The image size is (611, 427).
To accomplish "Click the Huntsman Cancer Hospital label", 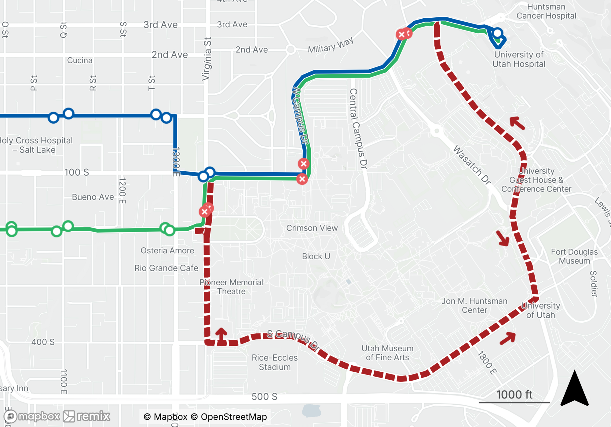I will (x=546, y=11).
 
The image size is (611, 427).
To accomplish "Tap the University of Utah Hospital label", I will (x=519, y=59).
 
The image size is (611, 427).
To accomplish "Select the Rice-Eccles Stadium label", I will (x=275, y=362).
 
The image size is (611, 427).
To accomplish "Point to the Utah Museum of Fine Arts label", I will (x=387, y=353).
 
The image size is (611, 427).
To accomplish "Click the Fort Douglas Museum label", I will (x=574, y=256).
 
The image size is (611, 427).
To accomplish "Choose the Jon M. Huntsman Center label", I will (x=474, y=305).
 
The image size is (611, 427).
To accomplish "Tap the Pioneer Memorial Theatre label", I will (x=231, y=287).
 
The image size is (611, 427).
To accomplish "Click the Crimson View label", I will (x=312, y=228).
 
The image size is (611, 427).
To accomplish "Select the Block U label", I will (x=316, y=256).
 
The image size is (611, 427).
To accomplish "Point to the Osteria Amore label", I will (x=167, y=250).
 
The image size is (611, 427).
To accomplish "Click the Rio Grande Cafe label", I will (x=166, y=268).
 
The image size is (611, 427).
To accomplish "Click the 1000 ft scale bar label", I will (x=514, y=395).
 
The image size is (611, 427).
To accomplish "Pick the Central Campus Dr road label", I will (x=358, y=129).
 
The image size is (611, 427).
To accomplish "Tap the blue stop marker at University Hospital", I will (x=497, y=33).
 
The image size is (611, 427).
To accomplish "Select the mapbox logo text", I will (x=39, y=416).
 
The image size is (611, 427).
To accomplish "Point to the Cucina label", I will (x=80, y=60).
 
